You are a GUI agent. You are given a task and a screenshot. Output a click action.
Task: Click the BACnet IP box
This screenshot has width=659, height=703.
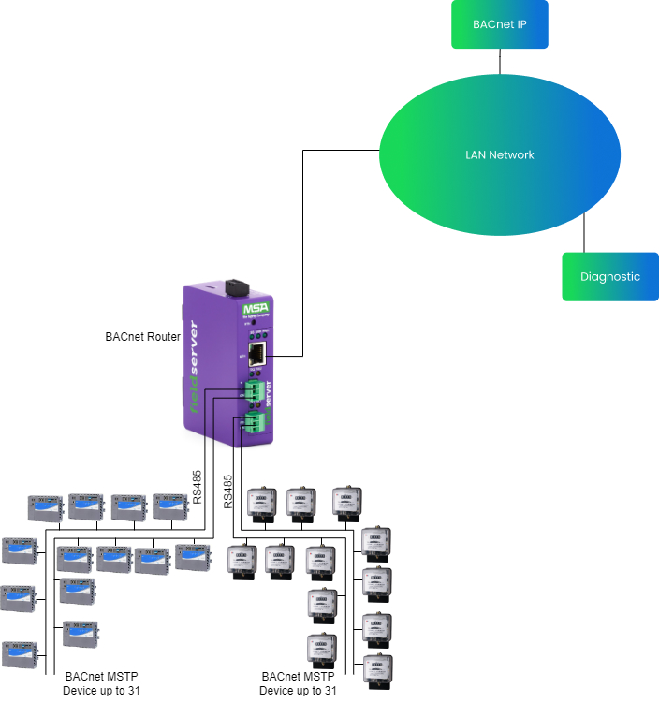pyautogui.click(x=499, y=24)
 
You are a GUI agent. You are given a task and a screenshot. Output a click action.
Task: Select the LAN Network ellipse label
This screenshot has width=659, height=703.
pyautogui.click(x=500, y=154)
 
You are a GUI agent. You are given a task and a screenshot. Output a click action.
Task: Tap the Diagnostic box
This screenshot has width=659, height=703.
pyautogui.click(x=609, y=276)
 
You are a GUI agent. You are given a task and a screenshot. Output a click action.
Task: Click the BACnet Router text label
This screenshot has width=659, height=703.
pyautogui.click(x=142, y=336)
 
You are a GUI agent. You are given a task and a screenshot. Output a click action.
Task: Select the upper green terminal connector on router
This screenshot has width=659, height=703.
pyautogui.click(x=253, y=389)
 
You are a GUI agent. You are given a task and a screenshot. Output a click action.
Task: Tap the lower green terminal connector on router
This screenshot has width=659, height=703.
pyautogui.click(x=253, y=420)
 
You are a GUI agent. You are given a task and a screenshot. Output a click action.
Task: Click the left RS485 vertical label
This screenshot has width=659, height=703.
pyautogui.click(x=197, y=487)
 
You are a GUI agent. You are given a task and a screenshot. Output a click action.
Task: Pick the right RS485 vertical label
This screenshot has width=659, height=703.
pyautogui.click(x=228, y=491)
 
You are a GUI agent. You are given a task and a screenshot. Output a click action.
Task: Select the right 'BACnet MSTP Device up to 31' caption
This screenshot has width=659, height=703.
pyautogui.click(x=298, y=683)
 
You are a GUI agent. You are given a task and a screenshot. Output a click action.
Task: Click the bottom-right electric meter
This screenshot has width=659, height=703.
pyautogui.click(x=376, y=672)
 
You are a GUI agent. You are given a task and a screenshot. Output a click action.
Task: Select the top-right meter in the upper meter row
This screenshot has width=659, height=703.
pyautogui.click(x=347, y=503)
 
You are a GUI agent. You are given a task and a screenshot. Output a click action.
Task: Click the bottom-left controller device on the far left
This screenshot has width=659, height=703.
pyautogui.click(x=20, y=654)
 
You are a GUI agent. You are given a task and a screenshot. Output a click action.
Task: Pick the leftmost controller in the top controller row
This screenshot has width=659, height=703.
pyautogui.click(x=44, y=508)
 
